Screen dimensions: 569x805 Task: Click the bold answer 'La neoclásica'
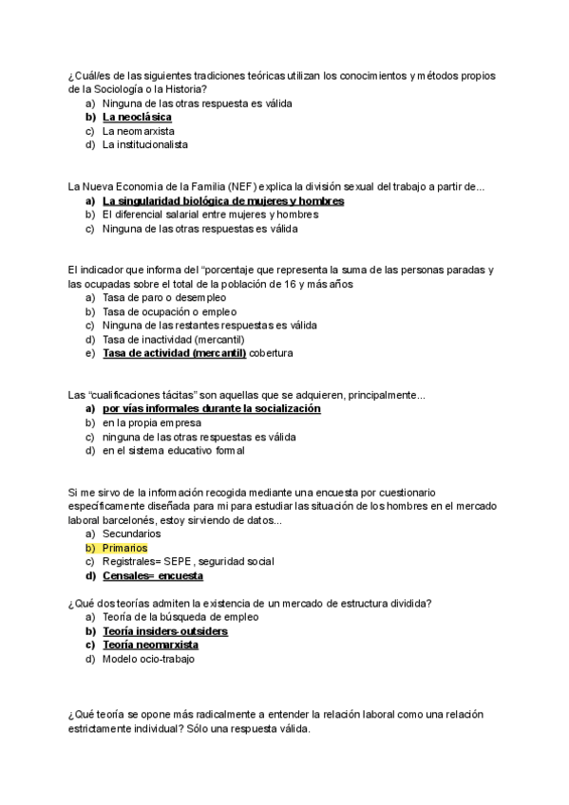pyautogui.click(x=137, y=117)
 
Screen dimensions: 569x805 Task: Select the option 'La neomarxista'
pyautogui.click(x=139, y=131)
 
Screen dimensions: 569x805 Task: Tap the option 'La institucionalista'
pyautogui.click(x=145, y=145)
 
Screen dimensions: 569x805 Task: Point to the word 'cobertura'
pyautogui.click(x=272, y=353)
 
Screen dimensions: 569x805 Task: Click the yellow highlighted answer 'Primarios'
pyautogui.click(x=125, y=548)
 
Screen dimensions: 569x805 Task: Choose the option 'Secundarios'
pyautogui.click(x=132, y=534)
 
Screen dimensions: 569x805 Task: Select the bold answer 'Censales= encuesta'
pyautogui.click(x=153, y=575)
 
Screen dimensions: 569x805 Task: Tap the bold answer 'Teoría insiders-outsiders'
pyautogui.click(x=165, y=631)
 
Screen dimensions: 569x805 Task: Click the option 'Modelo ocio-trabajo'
pyautogui.click(x=148, y=659)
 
